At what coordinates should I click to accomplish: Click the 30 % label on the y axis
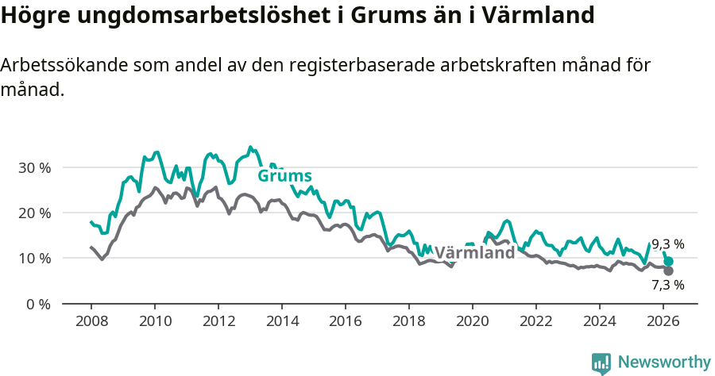coord(33,167)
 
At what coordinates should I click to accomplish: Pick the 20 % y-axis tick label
coord(33,213)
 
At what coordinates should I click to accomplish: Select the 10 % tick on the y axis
coord(33,258)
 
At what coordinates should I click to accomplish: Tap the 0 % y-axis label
coord(37,304)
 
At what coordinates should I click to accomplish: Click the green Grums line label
coord(284,176)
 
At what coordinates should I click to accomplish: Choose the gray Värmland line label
coord(474,254)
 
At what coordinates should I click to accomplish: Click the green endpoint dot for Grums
coord(669,261)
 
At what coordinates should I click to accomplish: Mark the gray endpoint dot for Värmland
coord(668,270)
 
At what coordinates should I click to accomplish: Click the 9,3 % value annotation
coord(667,244)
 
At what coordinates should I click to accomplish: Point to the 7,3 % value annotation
coord(667,285)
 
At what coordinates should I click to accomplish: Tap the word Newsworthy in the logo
coord(663,362)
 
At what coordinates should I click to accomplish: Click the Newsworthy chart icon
coord(601,363)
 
